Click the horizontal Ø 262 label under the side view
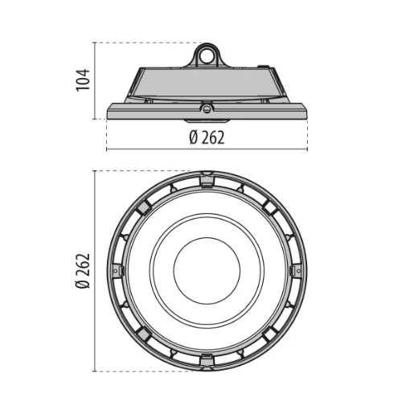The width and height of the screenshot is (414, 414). [x=207, y=137]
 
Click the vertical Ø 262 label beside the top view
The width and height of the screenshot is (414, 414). [x=83, y=271]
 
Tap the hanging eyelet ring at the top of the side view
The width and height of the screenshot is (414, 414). [x=207, y=55]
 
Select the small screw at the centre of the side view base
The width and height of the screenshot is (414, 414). [x=207, y=107]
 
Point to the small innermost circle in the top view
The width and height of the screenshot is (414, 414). [x=207, y=271]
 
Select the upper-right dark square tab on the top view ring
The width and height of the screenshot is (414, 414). [x=270, y=207]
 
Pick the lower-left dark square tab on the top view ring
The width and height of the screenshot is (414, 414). [x=143, y=334]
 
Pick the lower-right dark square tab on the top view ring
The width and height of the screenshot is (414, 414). [x=270, y=334]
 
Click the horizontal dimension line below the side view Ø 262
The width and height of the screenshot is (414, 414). [x=207, y=150]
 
